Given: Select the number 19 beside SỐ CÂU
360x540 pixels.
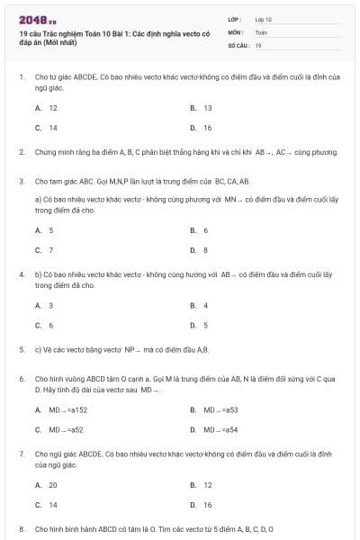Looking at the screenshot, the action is tap(258, 44).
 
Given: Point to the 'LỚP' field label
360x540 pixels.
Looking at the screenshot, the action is tap(235, 19).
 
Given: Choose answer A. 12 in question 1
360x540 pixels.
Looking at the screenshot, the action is tap(47, 107).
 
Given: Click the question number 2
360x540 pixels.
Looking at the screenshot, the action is tap(21, 152).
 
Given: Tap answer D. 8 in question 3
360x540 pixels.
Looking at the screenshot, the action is tap(200, 250).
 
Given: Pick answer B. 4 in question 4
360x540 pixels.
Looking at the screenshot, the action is tap(200, 305).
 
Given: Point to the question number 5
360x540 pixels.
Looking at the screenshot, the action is tap(21, 349).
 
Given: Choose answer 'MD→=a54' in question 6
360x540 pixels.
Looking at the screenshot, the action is tap(219, 429).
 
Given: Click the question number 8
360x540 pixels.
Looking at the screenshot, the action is tap(21, 529).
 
